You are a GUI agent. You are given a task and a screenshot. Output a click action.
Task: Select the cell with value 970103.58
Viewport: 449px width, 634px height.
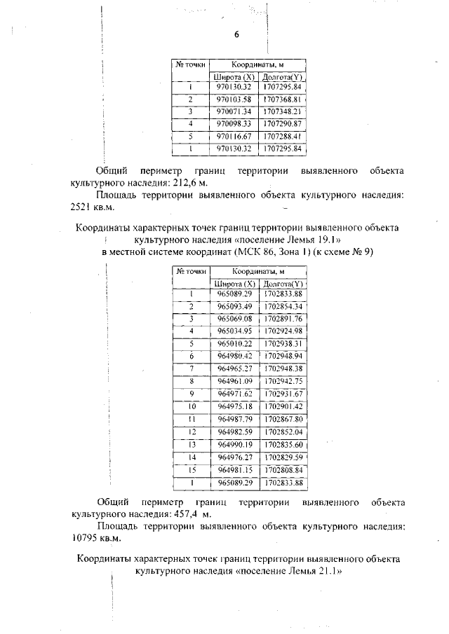pos(234,99)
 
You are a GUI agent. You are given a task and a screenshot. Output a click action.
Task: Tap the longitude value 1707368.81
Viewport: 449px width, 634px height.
pos(282,99)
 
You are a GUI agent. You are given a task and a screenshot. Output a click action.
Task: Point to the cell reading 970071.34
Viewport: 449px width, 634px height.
pos(234,111)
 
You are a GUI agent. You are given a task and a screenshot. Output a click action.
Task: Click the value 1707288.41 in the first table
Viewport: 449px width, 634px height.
pos(282,136)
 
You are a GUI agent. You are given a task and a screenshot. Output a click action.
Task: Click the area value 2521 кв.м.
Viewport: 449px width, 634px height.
pos(92,207)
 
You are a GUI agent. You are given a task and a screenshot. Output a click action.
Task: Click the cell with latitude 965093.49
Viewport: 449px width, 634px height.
pos(234,306)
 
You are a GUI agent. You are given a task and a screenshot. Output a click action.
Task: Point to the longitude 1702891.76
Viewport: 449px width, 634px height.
pos(282,318)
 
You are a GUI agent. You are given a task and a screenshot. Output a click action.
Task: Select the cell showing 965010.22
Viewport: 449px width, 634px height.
pos(234,343)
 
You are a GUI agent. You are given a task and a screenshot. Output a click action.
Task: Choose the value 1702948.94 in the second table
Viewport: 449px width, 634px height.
pos(282,356)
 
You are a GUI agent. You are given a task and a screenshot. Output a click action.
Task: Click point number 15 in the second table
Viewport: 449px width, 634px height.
pos(191,469)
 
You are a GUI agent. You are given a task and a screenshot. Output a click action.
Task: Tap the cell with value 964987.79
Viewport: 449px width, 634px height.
pos(234,418)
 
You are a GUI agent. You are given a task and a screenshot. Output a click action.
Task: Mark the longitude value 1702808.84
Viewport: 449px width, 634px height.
pos(282,469)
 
